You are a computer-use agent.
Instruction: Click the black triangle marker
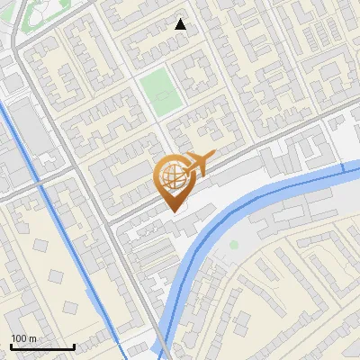[x=181, y=24]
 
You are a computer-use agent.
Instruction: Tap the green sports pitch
[x=160, y=93]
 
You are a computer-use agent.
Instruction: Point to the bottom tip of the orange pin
[x=173, y=211]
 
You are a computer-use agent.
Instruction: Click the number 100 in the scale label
[x=19, y=337]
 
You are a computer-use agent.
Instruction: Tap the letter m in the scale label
[x=32, y=337]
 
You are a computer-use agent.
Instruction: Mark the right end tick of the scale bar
[x=73, y=346]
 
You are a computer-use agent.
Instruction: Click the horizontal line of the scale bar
[x=41, y=346]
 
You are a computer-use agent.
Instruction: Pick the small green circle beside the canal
[x=234, y=244]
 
